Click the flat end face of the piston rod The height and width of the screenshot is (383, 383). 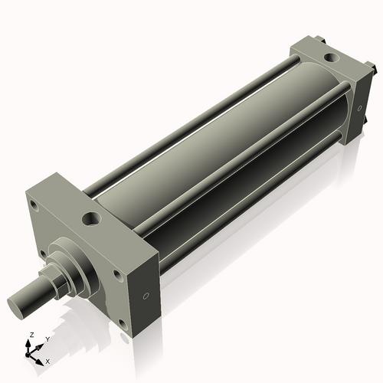[x=20, y=303]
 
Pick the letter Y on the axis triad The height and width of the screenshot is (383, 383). [x=47, y=339]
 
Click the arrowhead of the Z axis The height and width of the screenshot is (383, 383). [x=29, y=343]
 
